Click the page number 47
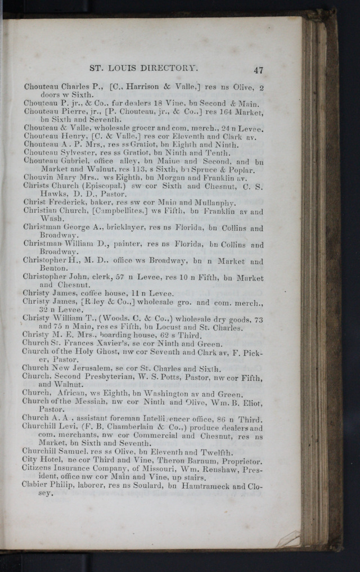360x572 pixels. (x=258, y=70)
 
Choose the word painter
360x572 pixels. (x=128, y=245)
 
